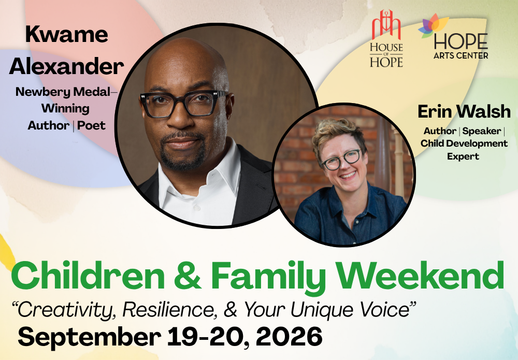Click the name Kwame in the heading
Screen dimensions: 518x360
click(x=66, y=34)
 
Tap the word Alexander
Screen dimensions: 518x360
click(x=66, y=66)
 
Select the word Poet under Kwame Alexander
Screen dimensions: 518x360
click(x=91, y=125)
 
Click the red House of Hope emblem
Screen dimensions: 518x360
click(x=386, y=24)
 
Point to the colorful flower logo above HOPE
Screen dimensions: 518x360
click(x=433, y=25)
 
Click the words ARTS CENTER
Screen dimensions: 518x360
click(x=461, y=55)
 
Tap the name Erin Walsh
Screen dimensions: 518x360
click(x=464, y=111)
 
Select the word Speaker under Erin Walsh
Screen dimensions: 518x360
click(x=482, y=131)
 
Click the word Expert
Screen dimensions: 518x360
click(x=463, y=156)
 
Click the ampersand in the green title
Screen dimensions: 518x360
click(x=188, y=276)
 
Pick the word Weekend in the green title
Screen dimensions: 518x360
click(x=420, y=276)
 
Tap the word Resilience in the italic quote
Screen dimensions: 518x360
click(x=169, y=310)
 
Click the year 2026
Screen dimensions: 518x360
click(x=289, y=337)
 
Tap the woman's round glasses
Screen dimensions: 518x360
click(x=342, y=159)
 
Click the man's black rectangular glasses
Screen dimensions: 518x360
click(x=184, y=104)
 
